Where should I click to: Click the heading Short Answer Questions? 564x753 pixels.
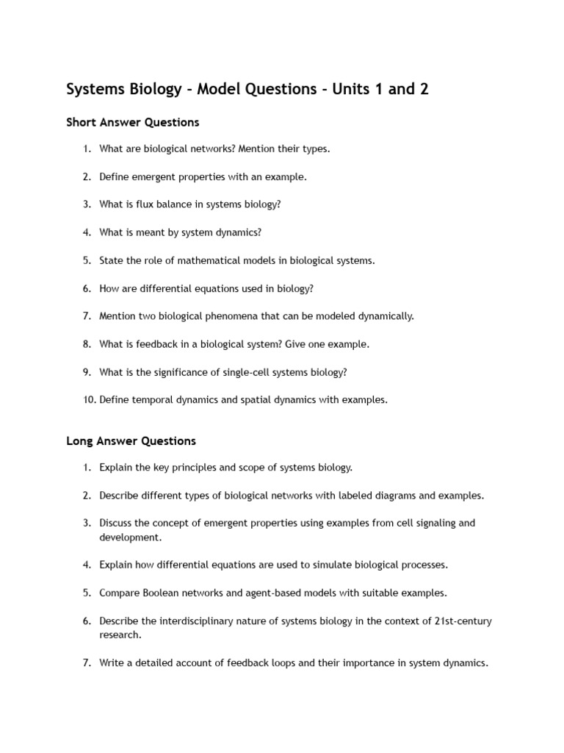click(x=133, y=122)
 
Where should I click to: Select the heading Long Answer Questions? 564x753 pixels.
click(x=131, y=441)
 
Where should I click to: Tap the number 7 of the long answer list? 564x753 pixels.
click(x=87, y=663)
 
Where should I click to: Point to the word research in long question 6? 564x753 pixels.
click(x=120, y=635)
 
